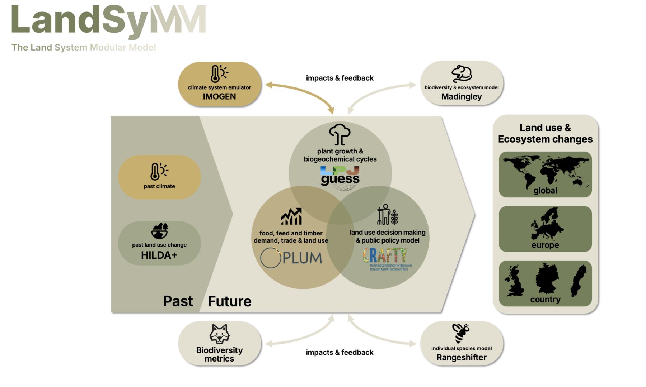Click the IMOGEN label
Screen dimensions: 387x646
[x=219, y=97]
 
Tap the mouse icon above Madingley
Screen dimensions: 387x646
[x=462, y=74]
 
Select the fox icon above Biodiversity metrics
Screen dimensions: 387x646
[x=219, y=334]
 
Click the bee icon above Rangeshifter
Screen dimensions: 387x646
[x=461, y=333]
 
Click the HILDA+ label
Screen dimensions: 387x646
[x=159, y=255]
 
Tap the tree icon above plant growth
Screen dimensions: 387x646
[x=340, y=134]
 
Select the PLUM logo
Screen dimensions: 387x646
[x=291, y=258]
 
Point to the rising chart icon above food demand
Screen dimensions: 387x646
[x=291, y=216]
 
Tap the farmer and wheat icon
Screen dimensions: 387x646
[x=388, y=215]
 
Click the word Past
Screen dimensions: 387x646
[x=178, y=301]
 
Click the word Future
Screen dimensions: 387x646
[x=229, y=301]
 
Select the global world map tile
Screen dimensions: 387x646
[x=545, y=174]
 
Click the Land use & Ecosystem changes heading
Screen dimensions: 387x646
[x=545, y=133]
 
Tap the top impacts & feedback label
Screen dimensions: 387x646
[x=340, y=78]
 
